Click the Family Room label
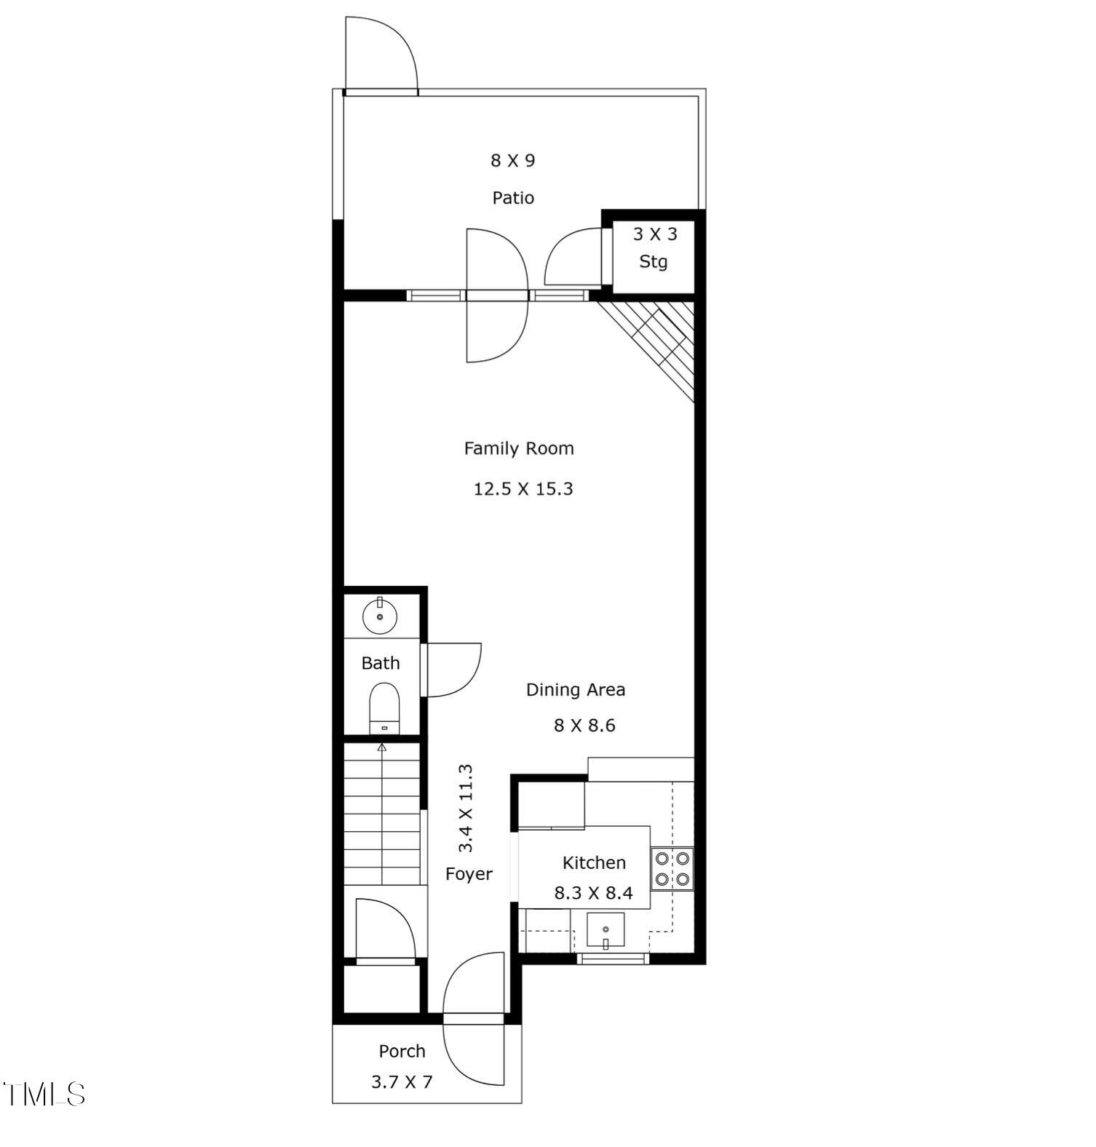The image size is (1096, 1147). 519,448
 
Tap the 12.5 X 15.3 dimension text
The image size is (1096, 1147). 523,489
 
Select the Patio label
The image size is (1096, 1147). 513,198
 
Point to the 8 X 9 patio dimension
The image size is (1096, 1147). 513,161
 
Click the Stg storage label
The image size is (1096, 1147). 653,262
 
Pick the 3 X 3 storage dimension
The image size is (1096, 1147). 654,234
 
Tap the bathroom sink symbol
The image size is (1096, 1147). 380,616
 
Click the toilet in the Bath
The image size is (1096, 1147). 384,707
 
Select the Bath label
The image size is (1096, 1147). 381,663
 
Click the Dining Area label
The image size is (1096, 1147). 576,689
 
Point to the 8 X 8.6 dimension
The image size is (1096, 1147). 584,726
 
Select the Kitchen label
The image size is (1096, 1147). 594,863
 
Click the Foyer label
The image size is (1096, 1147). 469,874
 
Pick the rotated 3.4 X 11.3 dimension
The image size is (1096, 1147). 466,808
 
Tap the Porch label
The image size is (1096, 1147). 402,1051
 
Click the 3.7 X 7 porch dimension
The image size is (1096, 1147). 402,1082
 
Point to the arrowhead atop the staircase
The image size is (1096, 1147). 381,747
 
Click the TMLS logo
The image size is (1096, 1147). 44,1094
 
